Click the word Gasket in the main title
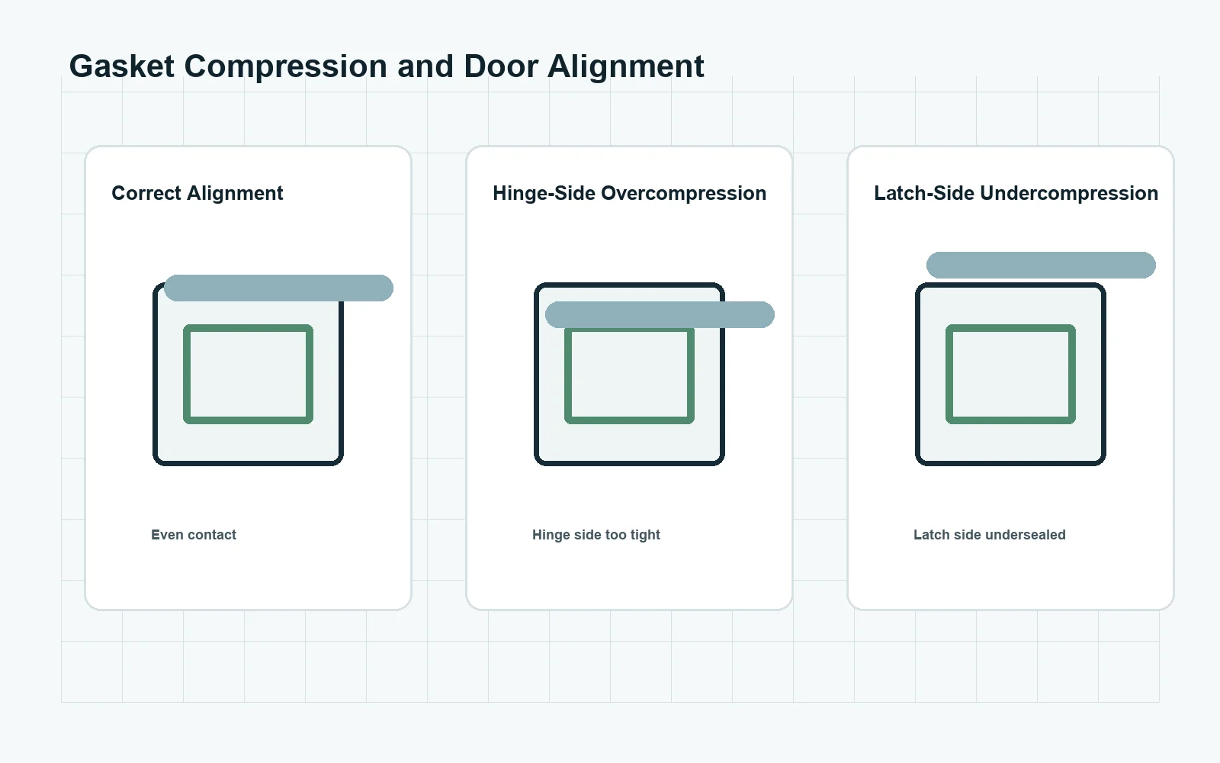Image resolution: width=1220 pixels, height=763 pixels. [x=121, y=66]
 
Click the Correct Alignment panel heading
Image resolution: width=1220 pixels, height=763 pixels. [x=197, y=194]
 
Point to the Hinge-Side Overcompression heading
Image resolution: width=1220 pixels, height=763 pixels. [x=630, y=194]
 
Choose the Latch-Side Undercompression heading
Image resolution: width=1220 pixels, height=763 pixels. [x=1016, y=194]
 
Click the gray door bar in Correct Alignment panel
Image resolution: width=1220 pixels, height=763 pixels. [x=278, y=288]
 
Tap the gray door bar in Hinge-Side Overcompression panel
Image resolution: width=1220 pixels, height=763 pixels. [x=660, y=314]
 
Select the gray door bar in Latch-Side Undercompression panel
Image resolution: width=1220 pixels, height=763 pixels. [x=1041, y=265]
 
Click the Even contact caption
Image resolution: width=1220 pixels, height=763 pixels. [x=194, y=535]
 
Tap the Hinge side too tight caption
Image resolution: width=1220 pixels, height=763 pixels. [x=596, y=535]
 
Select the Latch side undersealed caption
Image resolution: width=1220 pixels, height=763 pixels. [x=990, y=535]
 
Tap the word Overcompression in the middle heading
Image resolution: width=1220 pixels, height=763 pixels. [x=683, y=194]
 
